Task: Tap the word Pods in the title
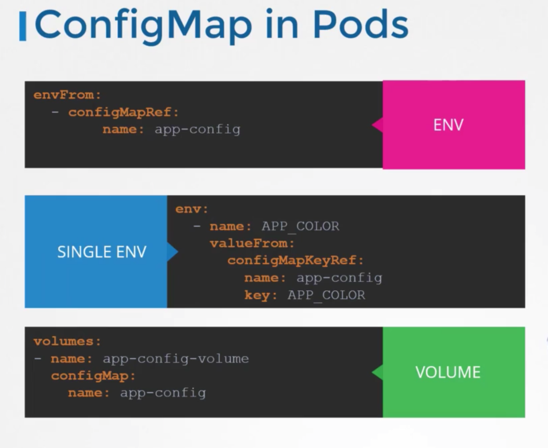tap(360, 24)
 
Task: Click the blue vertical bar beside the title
tap(23, 26)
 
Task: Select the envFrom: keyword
tap(67, 95)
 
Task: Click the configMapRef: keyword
tap(123, 112)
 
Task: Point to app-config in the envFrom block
tap(197, 129)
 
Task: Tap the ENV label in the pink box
tap(448, 125)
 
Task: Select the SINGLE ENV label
tap(102, 252)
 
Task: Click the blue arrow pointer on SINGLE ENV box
tap(172, 252)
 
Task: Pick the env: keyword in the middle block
tap(192, 209)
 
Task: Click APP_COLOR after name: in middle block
tap(300, 226)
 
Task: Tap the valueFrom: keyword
tap(252, 243)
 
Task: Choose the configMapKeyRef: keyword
tap(295, 260)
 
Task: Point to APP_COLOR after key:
tap(326, 295)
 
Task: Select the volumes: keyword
tap(67, 341)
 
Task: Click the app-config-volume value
tap(175, 358)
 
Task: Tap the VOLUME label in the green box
tap(448, 372)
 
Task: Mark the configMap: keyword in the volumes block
tap(93, 376)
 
